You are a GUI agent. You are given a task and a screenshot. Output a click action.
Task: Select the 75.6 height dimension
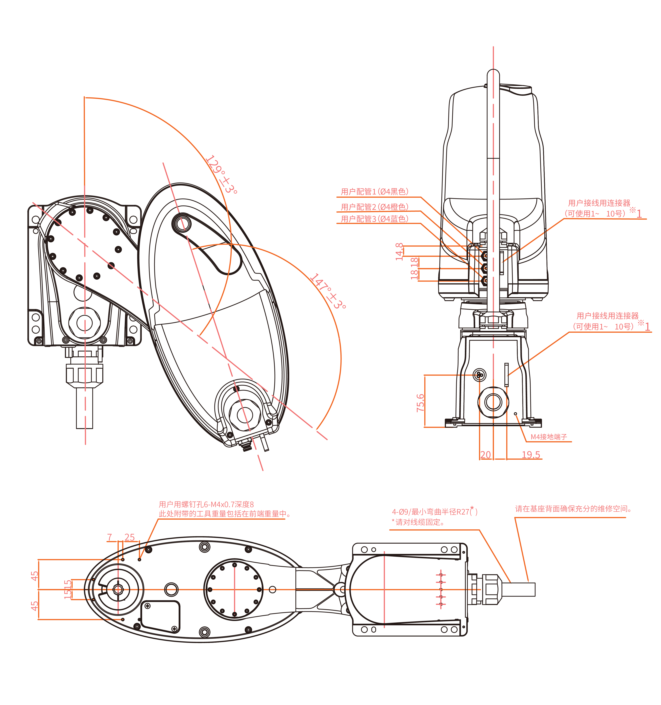420,402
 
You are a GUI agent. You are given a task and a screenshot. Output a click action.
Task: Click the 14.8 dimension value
399,251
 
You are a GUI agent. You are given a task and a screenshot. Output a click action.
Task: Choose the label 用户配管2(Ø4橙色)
374,207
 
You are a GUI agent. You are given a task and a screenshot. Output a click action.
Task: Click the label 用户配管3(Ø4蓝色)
374,219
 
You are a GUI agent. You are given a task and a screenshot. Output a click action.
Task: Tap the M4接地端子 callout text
549,437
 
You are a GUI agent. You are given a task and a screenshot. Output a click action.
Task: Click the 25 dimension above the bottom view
130,537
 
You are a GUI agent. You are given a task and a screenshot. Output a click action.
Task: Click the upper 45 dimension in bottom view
34,576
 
